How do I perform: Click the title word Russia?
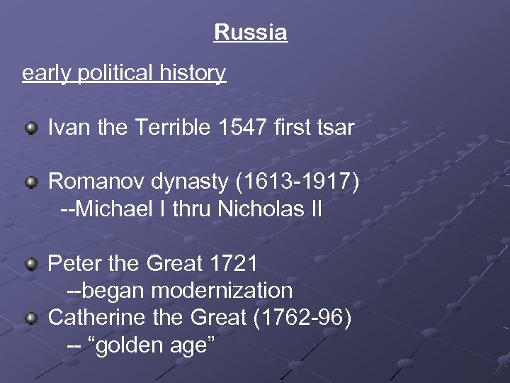point(250,33)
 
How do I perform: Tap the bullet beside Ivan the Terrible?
point(31,128)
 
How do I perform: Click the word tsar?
point(334,128)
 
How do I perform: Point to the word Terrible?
point(170,128)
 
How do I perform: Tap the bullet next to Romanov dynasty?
point(31,183)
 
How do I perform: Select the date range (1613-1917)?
point(296,183)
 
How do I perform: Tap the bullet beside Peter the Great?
point(31,265)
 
